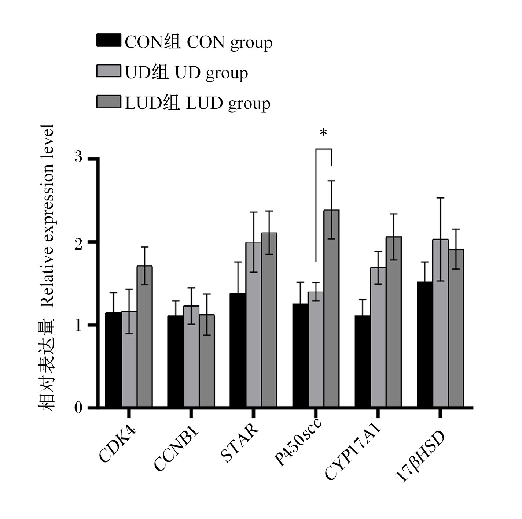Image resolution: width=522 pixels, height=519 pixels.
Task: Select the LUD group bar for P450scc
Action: click(x=331, y=308)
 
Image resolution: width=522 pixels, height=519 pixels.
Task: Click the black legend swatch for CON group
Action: click(x=109, y=40)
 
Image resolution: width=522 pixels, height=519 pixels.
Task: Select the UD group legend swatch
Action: click(x=109, y=71)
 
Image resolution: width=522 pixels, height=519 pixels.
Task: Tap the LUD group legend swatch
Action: click(x=109, y=102)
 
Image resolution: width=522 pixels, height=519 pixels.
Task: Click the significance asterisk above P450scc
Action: click(x=323, y=132)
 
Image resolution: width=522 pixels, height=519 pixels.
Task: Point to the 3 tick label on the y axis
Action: click(x=78, y=156)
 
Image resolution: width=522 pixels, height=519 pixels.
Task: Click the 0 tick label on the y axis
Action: click(x=78, y=407)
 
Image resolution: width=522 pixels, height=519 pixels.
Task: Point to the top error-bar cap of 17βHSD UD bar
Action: click(x=441, y=198)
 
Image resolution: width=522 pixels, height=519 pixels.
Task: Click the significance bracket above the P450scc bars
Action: click(x=323, y=149)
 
